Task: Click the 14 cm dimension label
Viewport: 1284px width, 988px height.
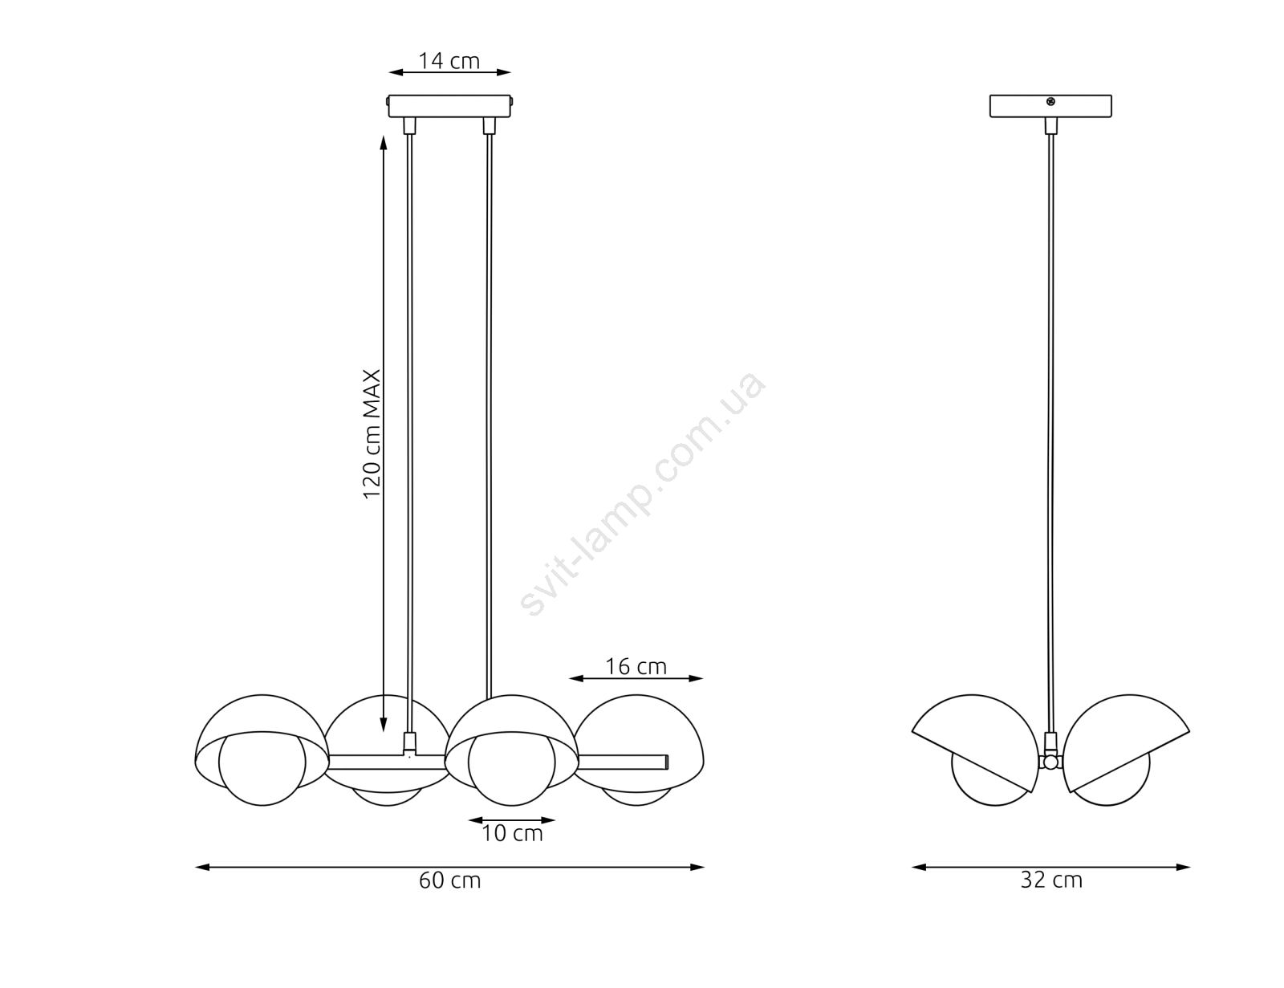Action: (x=449, y=61)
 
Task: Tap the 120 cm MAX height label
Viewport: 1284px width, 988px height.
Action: (x=372, y=434)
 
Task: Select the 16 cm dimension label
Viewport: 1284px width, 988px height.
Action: (x=636, y=666)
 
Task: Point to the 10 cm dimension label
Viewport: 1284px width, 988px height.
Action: (x=512, y=833)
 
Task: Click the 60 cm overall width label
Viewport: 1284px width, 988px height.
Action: (x=449, y=880)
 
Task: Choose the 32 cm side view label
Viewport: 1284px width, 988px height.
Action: (x=1051, y=880)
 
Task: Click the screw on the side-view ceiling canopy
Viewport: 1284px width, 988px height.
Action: (x=1050, y=102)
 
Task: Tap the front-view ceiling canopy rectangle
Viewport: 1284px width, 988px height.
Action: (x=449, y=107)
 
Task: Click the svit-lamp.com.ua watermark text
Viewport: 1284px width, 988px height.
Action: (x=643, y=494)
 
